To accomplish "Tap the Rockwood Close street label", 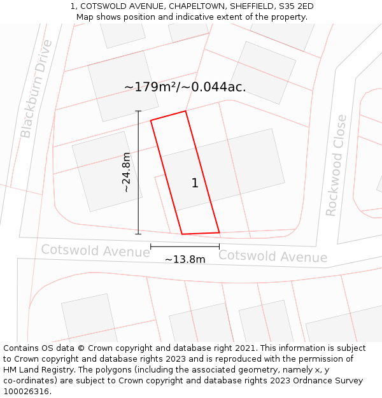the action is [336, 166].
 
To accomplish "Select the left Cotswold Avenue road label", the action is [95, 250].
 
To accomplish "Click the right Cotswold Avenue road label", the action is [272, 256].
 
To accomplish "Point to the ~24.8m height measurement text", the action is [126, 172].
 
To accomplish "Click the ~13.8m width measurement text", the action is [185, 259].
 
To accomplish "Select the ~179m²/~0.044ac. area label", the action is [185, 87].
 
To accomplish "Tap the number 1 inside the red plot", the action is [195, 183].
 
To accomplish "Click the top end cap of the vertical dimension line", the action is [138, 111].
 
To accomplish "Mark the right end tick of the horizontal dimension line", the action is [219, 246].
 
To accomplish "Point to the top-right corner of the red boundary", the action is [185, 111].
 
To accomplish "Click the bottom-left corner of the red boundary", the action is [182, 234].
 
